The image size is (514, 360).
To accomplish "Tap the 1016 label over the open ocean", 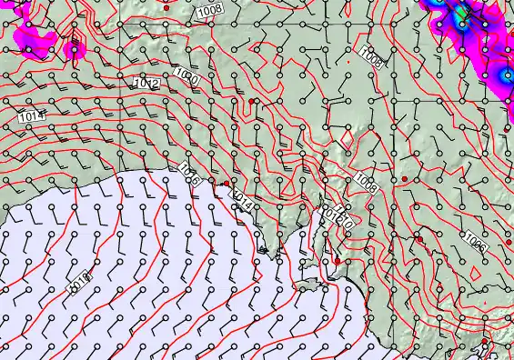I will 80,282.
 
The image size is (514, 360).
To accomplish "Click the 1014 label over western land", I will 30,116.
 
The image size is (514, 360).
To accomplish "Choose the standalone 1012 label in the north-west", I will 146,84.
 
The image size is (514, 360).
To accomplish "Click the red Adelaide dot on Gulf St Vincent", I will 338,261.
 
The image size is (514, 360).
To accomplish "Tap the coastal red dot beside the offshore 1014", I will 226,183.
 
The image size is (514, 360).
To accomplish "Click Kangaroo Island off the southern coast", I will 309,285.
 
